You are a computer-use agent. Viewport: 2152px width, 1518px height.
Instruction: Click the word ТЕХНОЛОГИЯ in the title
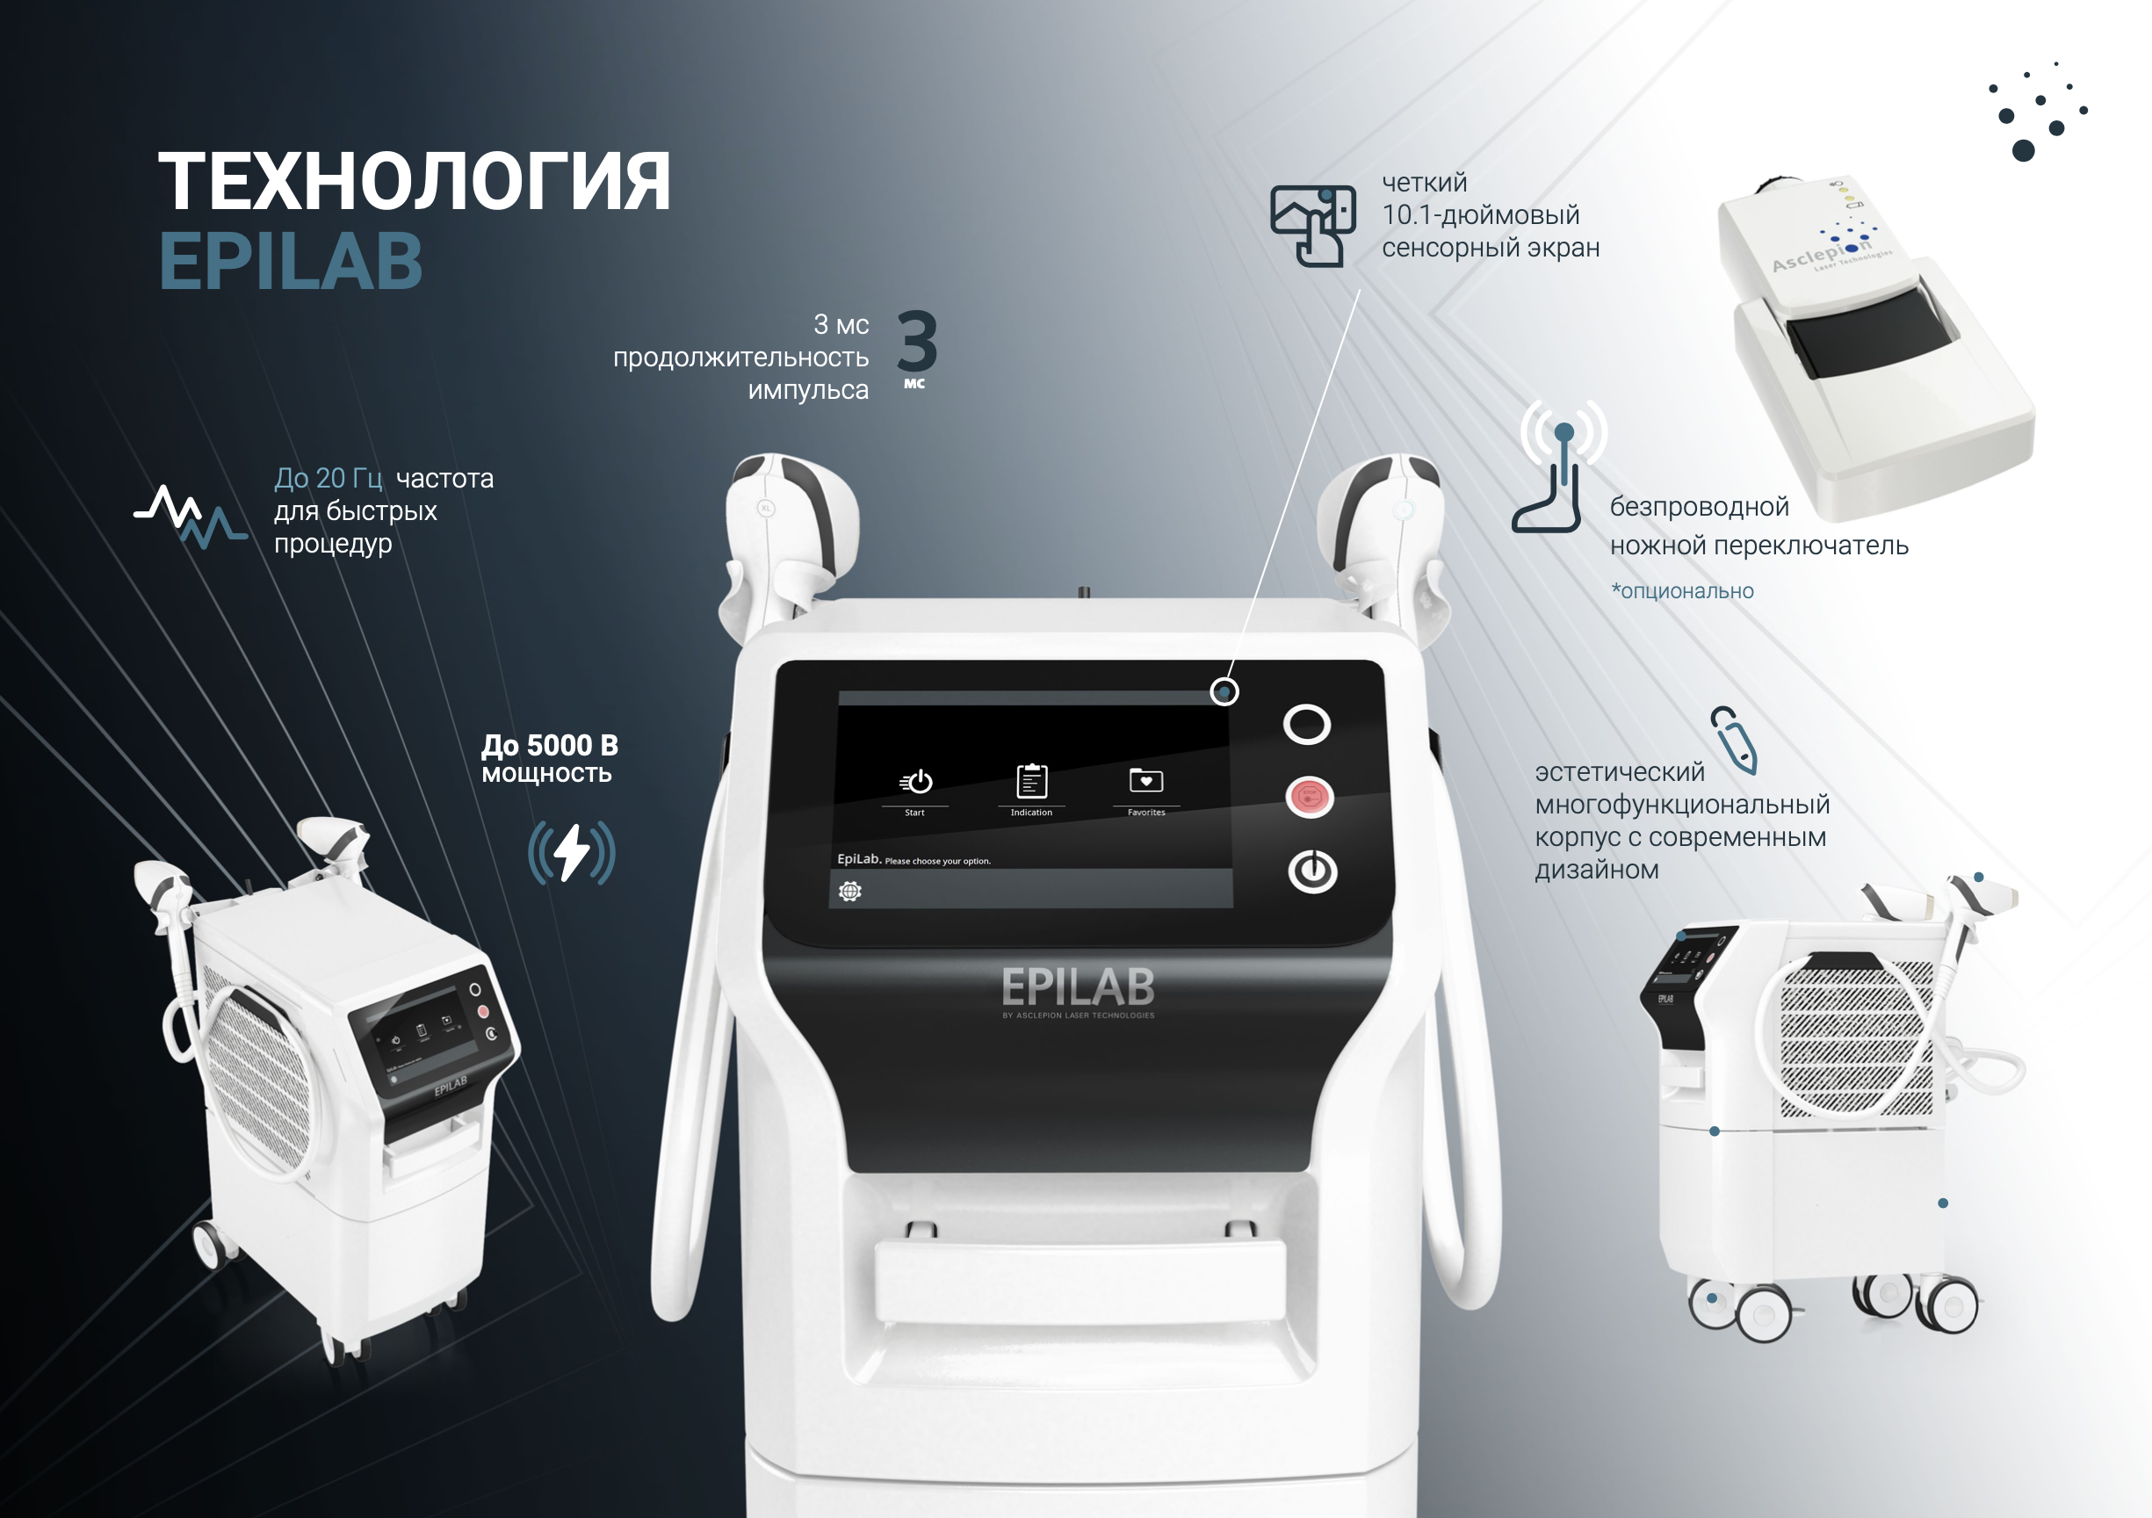tap(414, 182)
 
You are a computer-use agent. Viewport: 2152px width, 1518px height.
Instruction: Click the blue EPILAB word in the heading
tap(291, 262)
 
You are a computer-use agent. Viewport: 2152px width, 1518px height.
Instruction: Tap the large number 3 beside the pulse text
tap(917, 342)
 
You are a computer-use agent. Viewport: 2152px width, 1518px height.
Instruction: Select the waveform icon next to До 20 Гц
tap(191, 516)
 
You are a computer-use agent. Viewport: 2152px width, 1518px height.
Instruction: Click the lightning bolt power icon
tap(572, 852)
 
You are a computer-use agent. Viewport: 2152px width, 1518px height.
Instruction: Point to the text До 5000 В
tap(549, 746)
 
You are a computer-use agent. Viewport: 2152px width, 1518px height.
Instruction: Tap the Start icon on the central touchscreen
tap(916, 782)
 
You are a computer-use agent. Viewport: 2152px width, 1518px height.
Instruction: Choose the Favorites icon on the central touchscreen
tap(1146, 781)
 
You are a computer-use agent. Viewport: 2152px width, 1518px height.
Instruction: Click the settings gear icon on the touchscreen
tap(850, 891)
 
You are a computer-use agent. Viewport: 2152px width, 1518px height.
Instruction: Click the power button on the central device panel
tap(1312, 871)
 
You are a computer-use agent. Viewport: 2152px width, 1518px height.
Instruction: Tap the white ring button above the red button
tap(1307, 724)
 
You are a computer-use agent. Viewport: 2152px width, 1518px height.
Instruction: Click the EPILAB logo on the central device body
tap(1078, 987)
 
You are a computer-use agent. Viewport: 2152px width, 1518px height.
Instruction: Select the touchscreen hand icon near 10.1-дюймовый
tap(1312, 226)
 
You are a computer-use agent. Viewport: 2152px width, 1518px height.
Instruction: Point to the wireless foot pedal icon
tap(1556, 469)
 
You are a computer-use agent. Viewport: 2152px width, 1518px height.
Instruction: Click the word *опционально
tap(1682, 591)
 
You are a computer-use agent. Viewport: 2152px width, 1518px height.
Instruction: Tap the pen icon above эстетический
tap(1733, 740)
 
